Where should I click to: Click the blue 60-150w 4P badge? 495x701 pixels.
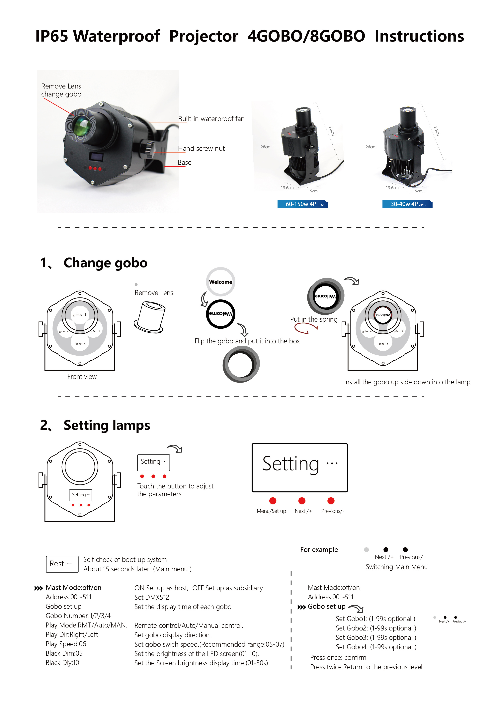point(302,204)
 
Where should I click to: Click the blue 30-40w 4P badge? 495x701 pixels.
point(407,204)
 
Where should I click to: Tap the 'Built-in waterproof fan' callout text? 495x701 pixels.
point(211,119)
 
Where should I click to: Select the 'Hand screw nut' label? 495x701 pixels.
point(201,148)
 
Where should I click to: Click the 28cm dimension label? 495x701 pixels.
point(265,147)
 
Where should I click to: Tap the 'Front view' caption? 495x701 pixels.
point(82,376)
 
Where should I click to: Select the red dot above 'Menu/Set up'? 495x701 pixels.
point(273,501)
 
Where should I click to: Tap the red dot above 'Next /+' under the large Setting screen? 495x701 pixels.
point(302,501)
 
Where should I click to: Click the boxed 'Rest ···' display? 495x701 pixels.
point(62,564)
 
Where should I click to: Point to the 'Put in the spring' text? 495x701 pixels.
point(313,319)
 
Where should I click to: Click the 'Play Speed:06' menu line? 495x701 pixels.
point(66,644)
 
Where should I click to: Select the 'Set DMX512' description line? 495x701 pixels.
point(152,597)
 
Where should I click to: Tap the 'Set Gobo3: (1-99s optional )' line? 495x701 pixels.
point(376,637)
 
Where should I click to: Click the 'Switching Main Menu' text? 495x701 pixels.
point(396,567)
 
